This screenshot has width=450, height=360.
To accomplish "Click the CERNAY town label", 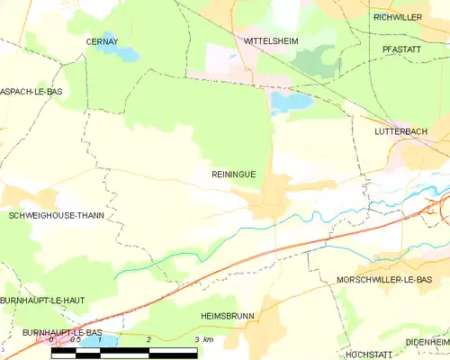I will point(102,41).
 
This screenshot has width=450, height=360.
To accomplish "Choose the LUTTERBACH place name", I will point(400,131).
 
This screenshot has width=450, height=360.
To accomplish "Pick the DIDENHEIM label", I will point(427,343).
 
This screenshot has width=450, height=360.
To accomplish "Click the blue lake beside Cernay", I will point(124,51).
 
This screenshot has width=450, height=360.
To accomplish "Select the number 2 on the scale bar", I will point(148,339).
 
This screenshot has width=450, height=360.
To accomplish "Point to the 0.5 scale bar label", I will point(76,339).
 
